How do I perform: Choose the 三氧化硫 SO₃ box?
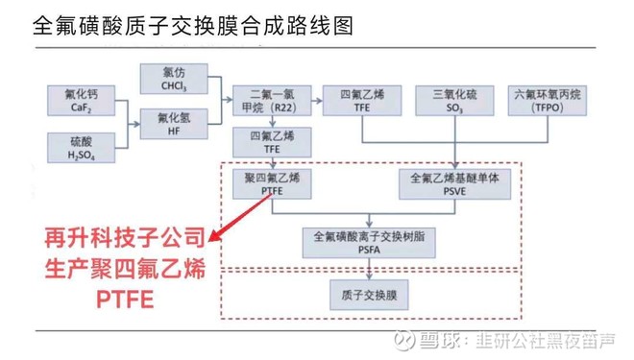[x=456, y=101]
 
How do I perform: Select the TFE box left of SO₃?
[x=362, y=101]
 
